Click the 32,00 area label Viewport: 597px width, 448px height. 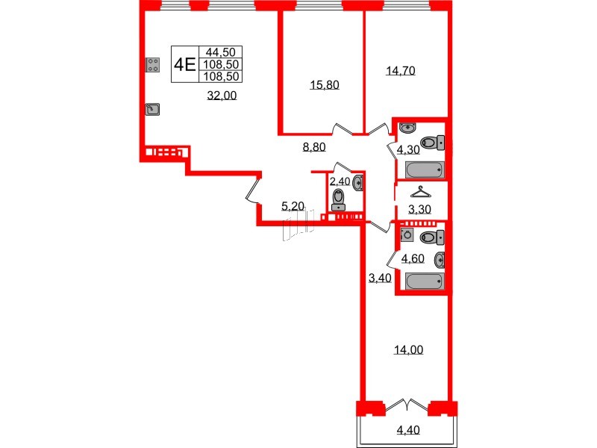(222, 95)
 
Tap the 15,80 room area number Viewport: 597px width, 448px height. (325, 85)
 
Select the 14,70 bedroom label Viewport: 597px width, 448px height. (400, 72)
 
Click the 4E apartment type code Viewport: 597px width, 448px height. (184, 63)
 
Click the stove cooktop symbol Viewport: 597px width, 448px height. (153, 65)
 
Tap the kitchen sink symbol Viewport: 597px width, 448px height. (153, 111)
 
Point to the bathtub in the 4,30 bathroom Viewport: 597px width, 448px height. (425, 169)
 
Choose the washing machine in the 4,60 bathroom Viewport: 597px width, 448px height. (407, 235)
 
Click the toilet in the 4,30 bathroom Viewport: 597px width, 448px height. (432, 142)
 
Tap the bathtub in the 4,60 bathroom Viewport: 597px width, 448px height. (424, 281)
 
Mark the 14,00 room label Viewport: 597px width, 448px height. (410, 349)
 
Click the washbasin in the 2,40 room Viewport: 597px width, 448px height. (360, 181)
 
